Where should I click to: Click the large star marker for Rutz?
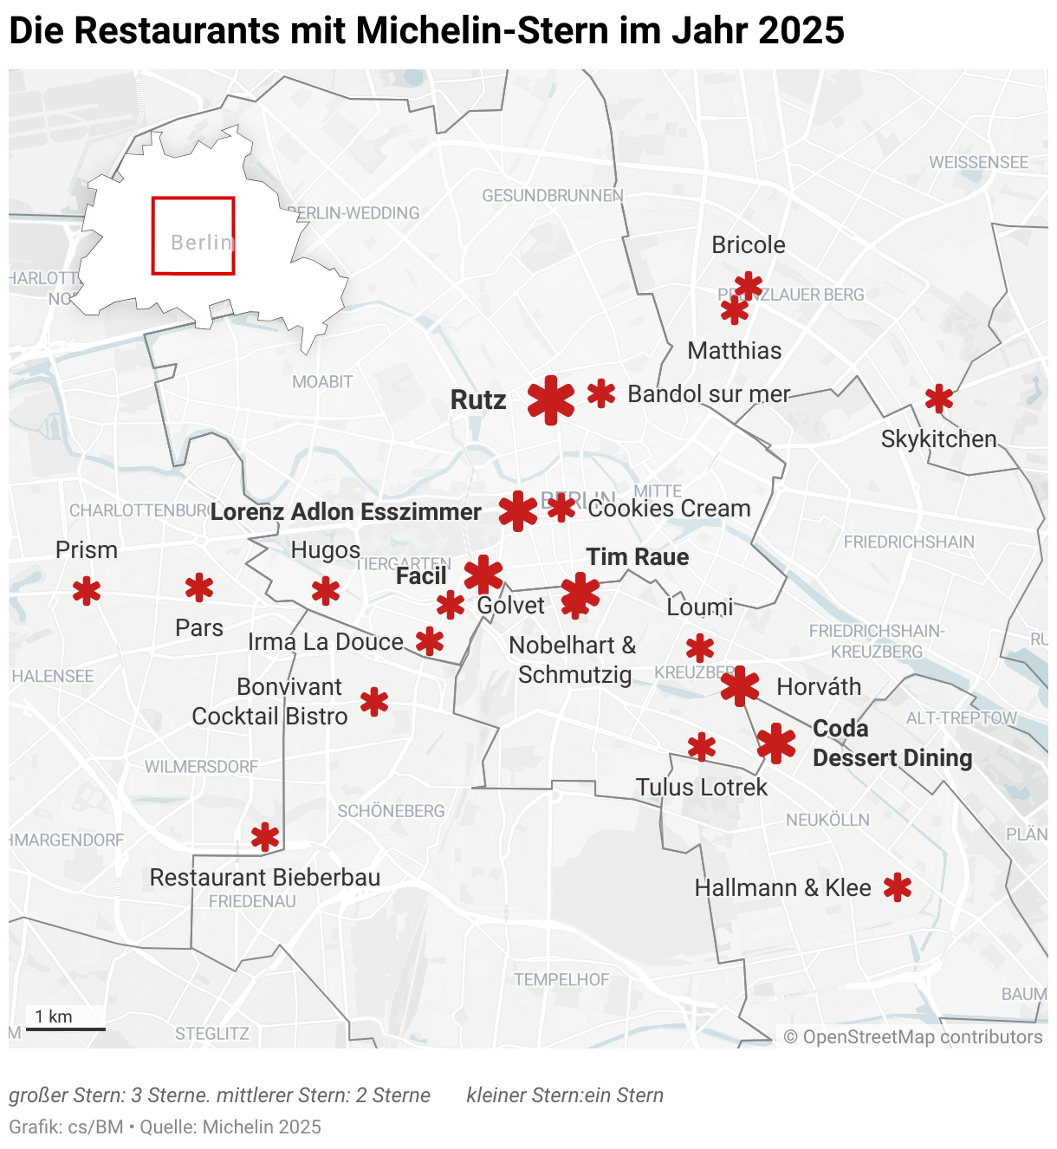pyautogui.click(x=551, y=400)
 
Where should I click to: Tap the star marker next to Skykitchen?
pyautogui.click(x=939, y=399)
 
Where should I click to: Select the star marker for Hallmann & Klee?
pyautogui.click(x=898, y=887)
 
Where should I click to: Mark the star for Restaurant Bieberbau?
pyautogui.click(x=265, y=837)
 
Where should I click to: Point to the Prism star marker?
pyautogui.click(x=87, y=592)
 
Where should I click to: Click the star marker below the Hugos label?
pyautogui.click(x=326, y=592)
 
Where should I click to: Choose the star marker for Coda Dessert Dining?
pyautogui.click(x=776, y=743)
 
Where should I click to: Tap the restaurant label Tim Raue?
pyautogui.click(x=638, y=557)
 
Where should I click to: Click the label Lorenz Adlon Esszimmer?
pyautogui.click(x=346, y=512)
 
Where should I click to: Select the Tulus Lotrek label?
pyautogui.click(x=702, y=788)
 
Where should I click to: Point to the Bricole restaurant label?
pyautogui.click(x=749, y=245)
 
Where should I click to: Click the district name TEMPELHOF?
pyautogui.click(x=561, y=980)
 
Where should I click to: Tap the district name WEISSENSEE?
pyautogui.click(x=979, y=163)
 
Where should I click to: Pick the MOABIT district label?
pyautogui.click(x=322, y=382)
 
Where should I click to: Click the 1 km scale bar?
pyautogui.click(x=66, y=1029)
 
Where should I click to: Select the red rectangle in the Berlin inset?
pyautogui.click(x=193, y=236)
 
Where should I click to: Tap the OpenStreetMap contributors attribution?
pyautogui.click(x=913, y=1037)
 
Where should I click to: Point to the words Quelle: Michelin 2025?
pyautogui.click(x=230, y=1127)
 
